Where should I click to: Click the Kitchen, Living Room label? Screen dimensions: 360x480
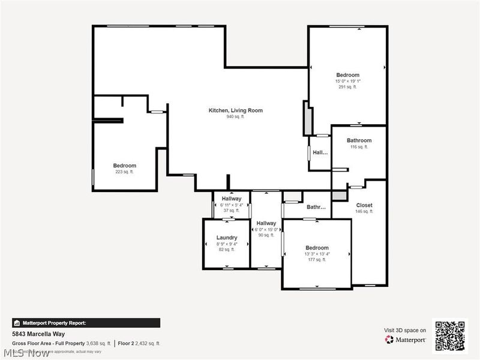[235, 110]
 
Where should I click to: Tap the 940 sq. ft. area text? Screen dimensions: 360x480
[235, 117]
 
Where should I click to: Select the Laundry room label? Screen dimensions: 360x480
[227, 238]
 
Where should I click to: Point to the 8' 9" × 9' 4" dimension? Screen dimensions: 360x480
[227, 244]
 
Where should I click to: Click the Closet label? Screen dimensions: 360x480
[364, 205]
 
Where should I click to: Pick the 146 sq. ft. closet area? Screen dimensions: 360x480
[364, 211]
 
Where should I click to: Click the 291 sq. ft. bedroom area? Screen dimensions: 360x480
[347, 87]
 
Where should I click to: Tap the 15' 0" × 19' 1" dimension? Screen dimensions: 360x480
[347, 81]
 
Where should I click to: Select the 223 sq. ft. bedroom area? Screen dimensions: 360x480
[125, 172]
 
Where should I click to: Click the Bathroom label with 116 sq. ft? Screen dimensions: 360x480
[359, 140]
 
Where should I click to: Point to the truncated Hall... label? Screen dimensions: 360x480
[320, 152]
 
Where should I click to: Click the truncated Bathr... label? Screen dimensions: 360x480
[316, 208]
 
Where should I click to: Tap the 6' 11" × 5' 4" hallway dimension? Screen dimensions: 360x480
[232, 205]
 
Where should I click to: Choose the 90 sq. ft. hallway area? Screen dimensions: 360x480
[266, 235]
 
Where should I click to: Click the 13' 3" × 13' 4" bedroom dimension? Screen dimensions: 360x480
[317, 254]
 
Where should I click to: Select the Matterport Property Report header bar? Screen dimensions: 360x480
[86, 323]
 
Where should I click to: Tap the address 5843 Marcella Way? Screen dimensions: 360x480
[38, 334]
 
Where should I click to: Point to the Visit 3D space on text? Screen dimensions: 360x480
[405, 330]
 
